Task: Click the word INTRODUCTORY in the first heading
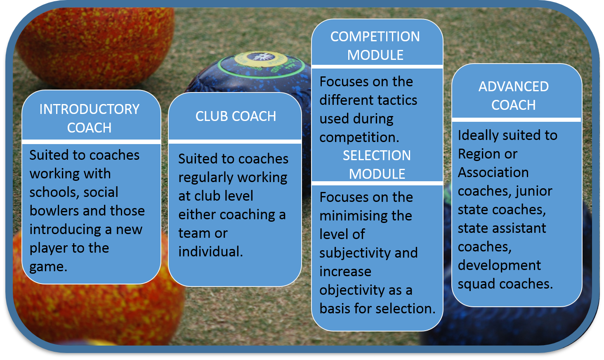(x=89, y=109)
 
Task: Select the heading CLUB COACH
(x=236, y=116)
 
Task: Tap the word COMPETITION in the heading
(x=375, y=36)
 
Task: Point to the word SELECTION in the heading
(x=377, y=156)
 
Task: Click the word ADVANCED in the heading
(x=513, y=87)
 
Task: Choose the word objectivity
(x=352, y=290)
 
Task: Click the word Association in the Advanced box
(x=493, y=173)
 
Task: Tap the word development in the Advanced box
(x=499, y=266)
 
